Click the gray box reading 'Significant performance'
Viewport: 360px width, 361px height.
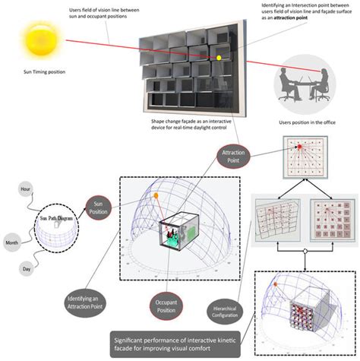[177, 347]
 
